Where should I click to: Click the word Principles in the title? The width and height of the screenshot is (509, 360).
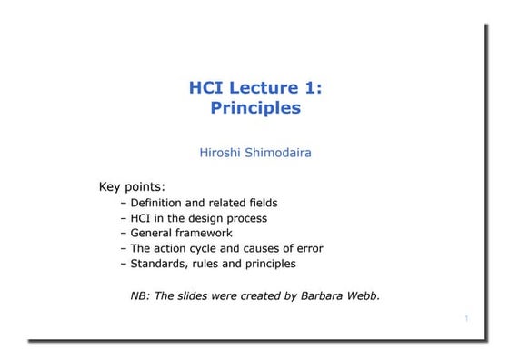click(254, 108)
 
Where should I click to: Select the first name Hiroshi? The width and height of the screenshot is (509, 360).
click(221, 153)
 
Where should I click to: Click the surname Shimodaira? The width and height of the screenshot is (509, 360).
click(279, 153)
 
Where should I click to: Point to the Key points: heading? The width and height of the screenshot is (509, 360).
click(132, 187)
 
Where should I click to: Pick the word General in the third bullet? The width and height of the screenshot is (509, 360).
click(154, 233)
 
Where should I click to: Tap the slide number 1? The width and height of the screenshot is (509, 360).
click(465, 319)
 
